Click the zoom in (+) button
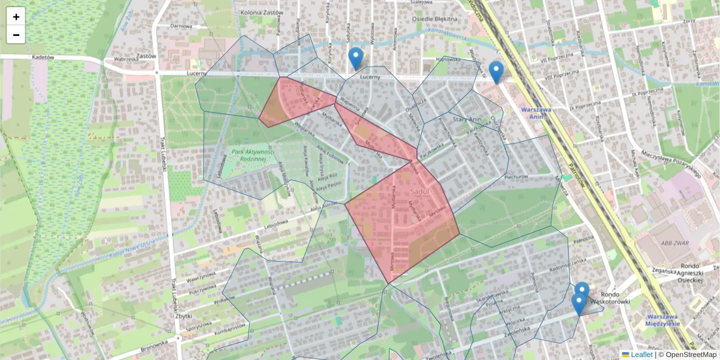(x=16, y=17)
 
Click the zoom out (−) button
(x=16, y=35)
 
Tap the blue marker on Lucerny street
(x=356, y=58)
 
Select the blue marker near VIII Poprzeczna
(x=496, y=72)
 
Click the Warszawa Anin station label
(x=536, y=113)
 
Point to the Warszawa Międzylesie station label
(x=663, y=319)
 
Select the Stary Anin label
(x=467, y=119)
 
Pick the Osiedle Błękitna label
(x=435, y=19)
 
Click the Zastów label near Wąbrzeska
(x=146, y=56)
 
